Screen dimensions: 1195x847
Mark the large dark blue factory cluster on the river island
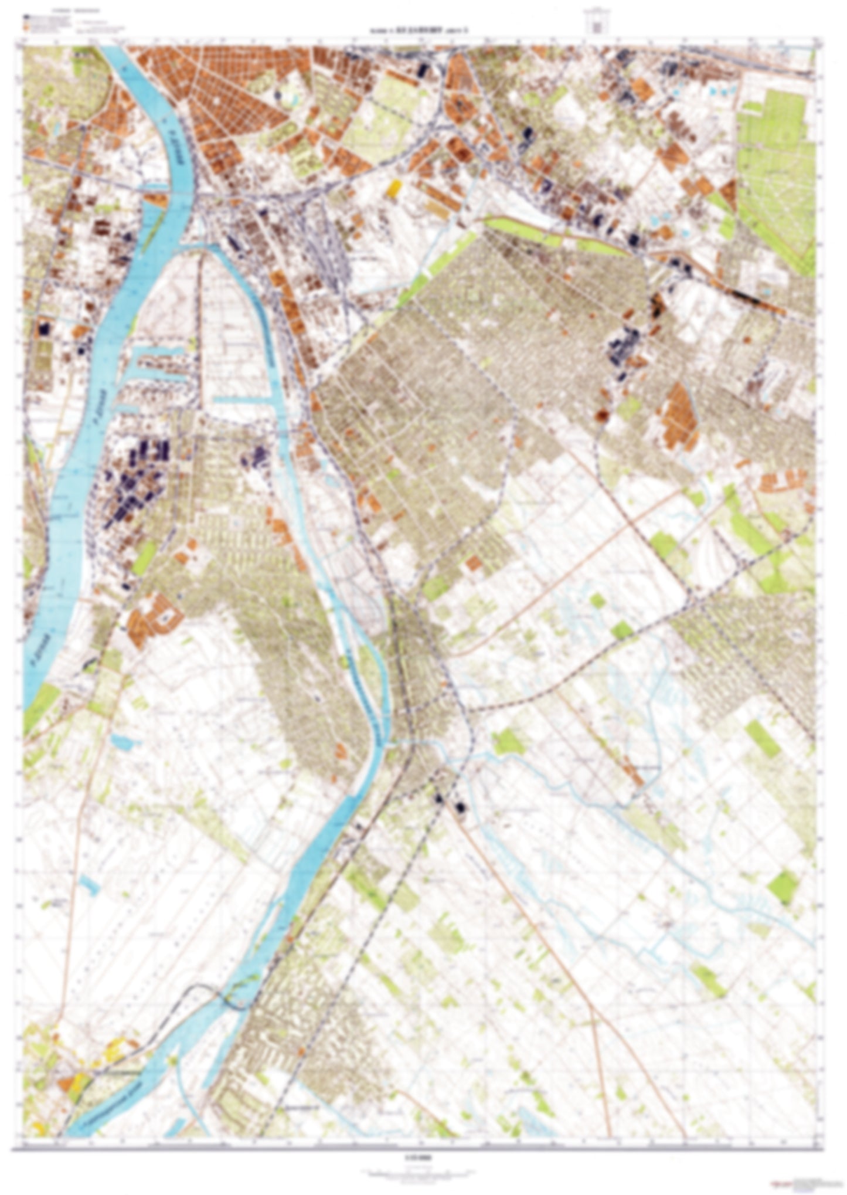[x=138, y=481]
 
